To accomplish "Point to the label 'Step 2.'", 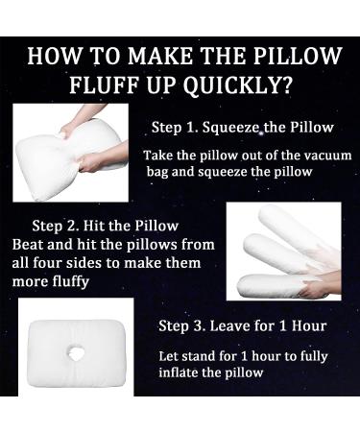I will tap(54, 228).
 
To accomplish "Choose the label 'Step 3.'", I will tap(182, 325).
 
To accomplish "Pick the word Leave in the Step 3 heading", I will tap(228, 325).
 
